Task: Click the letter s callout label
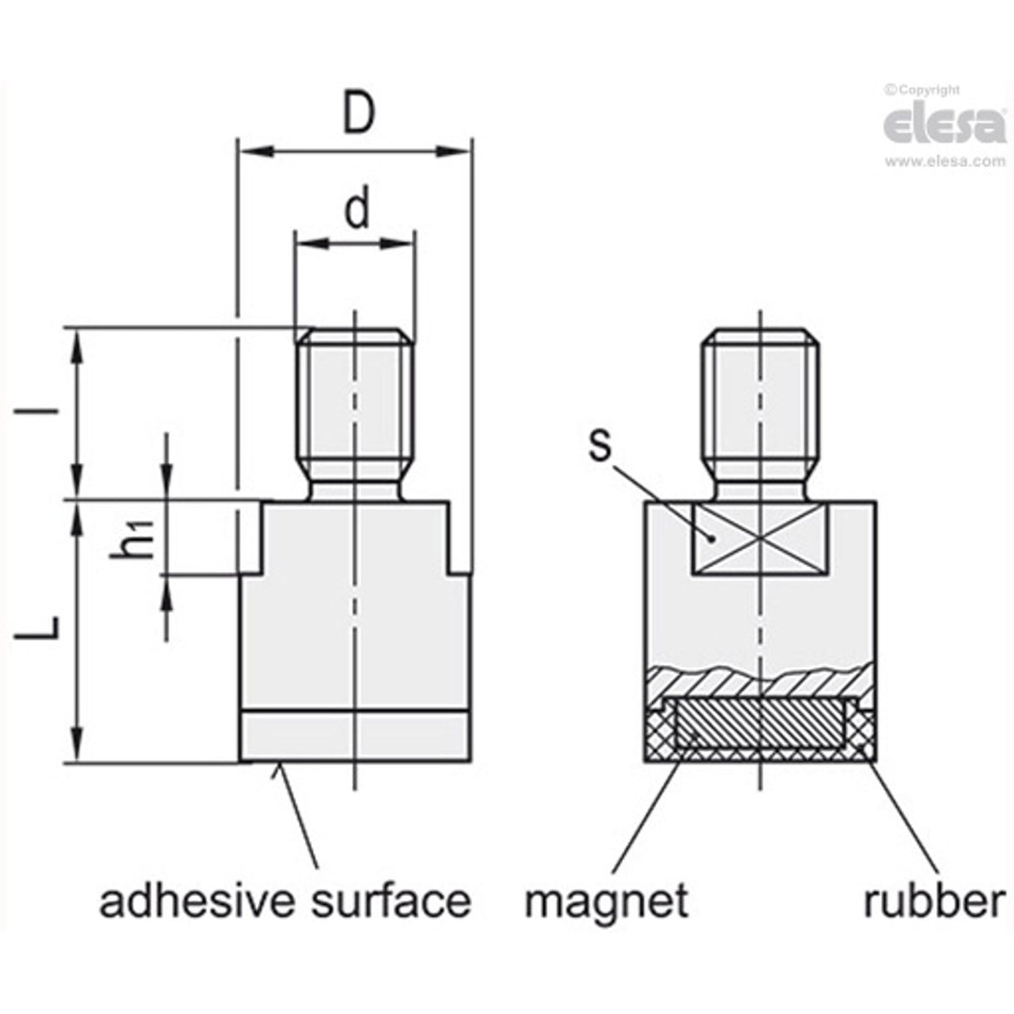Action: click(599, 445)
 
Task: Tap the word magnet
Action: click(607, 901)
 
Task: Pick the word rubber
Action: click(933, 901)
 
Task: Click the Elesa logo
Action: click(944, 125)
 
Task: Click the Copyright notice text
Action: click(924, 90)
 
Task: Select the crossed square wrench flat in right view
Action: click(760, 540)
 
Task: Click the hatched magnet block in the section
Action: click(759, 723)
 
